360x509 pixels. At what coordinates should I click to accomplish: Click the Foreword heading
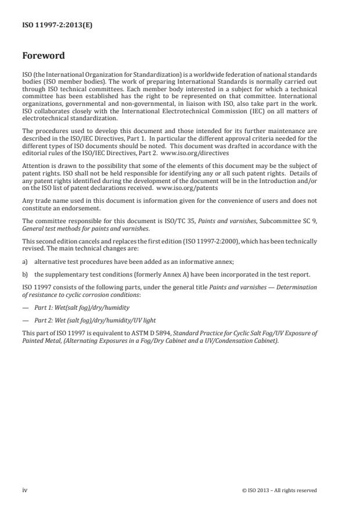point(44,56)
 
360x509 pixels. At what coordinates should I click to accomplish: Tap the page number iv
point(25,490)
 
